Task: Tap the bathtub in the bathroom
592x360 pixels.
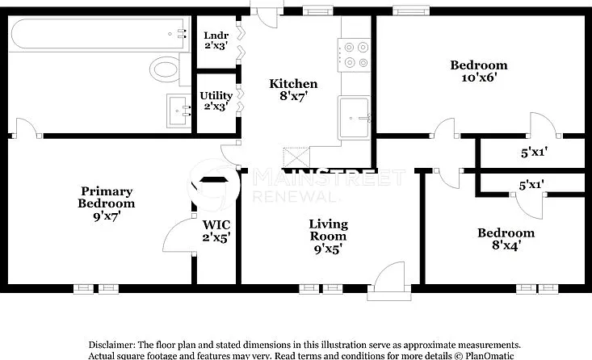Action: [x=99, y=34]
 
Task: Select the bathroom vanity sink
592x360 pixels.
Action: [x=179, y=111]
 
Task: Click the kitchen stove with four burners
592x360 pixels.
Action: [x=354, y=55]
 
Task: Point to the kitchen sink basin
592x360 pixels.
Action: [x=354, y=118]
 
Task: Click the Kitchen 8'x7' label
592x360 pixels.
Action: [x=293, y=90]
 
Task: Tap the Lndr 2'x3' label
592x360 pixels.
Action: [x=216, y=40]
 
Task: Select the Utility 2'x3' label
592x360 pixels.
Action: [x=216, y=101]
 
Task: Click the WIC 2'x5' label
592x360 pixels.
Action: [x=216, y=231]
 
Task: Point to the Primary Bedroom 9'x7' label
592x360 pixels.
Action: [x=107, y=203]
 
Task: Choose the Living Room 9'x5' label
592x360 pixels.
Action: [x=328, y=237]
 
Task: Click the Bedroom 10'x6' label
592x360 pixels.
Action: [x=479, y=71]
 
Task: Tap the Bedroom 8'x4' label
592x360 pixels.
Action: [x=506, y=239]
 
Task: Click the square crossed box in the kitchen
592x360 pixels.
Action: [x=296, y=157]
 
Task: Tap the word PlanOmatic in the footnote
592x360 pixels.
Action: [x=489, y=355]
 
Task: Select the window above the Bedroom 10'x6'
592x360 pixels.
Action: [x=411, y=10]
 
